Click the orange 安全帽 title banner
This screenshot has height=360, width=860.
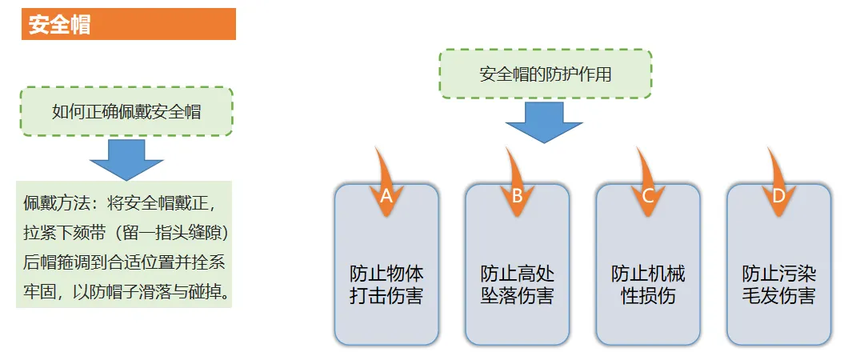pyautogui.click(x=128, y=24)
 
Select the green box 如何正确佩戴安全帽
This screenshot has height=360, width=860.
pyautogui.click(x=126, y=112)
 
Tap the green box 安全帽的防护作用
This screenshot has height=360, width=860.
pyautogui.click(x=546, y=74)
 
